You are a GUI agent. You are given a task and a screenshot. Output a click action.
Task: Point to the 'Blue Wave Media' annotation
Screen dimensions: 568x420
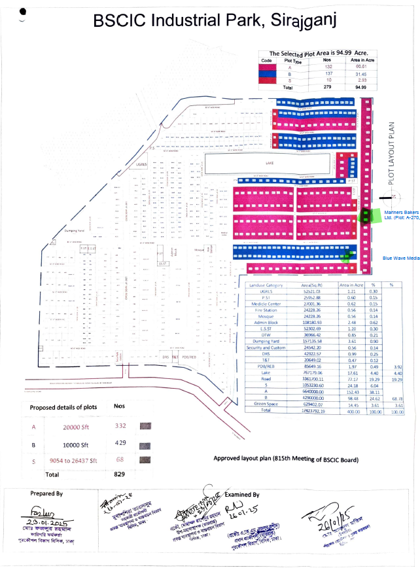[x=401, y=258]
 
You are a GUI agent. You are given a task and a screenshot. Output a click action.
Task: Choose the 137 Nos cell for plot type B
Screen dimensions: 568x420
[x=328, y=73]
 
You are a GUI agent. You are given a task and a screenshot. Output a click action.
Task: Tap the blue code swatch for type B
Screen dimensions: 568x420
[x=267, y=73]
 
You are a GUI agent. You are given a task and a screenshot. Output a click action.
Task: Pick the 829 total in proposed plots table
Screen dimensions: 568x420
[x=119, y=474]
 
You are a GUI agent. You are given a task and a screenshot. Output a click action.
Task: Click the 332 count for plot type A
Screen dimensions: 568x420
[x=119, y=426]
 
